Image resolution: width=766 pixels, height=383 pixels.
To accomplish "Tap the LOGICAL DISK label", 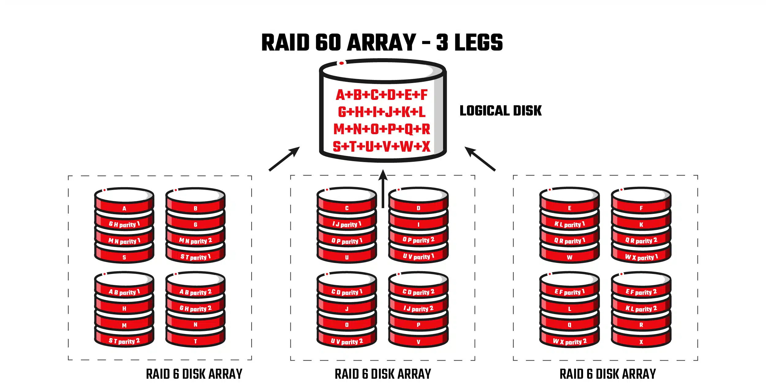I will (500, 111).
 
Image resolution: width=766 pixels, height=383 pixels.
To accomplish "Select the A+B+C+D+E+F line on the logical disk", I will (381, 95).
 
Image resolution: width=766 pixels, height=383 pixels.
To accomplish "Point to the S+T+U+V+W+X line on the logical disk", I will (381, 146).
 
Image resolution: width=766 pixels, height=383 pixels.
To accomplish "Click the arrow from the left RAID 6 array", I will (284, 159).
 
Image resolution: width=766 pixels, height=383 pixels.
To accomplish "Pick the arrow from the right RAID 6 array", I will (480, 159).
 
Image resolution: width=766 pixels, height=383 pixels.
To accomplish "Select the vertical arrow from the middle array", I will (383, 188).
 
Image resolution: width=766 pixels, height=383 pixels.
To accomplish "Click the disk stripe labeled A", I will (124, 208).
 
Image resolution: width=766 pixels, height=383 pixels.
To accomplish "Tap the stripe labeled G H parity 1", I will (124, 225).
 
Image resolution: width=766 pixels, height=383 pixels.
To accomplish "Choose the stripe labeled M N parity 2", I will (195, 241).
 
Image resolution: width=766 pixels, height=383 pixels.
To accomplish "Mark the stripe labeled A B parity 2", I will (195, 292).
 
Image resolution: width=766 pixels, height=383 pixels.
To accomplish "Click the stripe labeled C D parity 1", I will (347, 292).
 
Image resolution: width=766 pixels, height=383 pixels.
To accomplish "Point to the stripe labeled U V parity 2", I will (347, 341).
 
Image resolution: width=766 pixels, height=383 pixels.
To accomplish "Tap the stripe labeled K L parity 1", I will (570, 225).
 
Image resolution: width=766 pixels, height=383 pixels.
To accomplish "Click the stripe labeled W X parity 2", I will (570, 341).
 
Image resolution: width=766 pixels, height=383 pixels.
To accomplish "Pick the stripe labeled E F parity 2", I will (641, 292).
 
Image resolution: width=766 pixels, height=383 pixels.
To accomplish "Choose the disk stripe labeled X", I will (641, 342).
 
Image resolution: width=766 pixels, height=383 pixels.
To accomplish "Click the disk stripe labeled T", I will (195, 341).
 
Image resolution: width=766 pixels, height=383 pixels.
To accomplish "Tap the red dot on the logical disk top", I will (341, 63).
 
